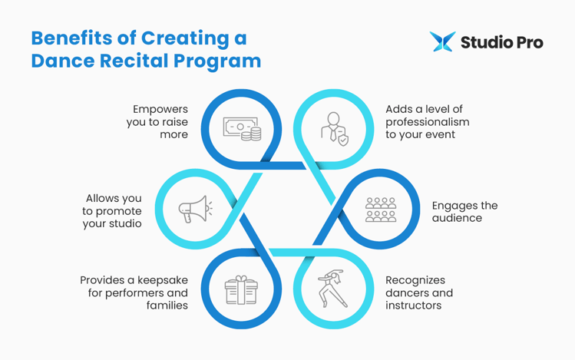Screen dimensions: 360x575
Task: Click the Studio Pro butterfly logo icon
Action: tap(442, 41)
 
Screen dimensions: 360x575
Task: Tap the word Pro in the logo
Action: tap(527, 41)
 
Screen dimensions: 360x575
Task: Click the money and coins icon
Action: tap(242, 129)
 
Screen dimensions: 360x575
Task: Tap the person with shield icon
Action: tap(333, 128)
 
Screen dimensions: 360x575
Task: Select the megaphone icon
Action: tap(195, 208)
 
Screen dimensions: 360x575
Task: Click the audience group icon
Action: tap(380, 209)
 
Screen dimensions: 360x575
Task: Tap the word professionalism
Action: tap(427, 122)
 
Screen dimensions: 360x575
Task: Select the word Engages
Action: tap(454, 206)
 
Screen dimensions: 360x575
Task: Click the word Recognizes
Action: tap(415, 280)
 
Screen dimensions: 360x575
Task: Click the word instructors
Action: tap(415, 306)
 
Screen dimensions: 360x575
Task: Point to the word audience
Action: tap(456, 218)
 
